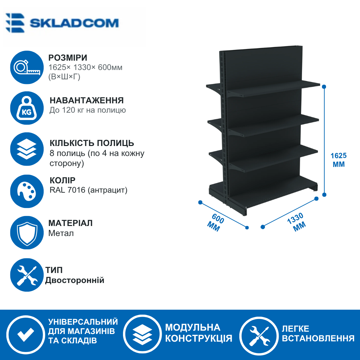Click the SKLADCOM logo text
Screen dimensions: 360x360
pyautogui.click(x=74, y=23)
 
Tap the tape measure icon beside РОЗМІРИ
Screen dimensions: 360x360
pyautogui.click(x=27, y=67)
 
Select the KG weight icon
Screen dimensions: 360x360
pyautogui.click(x=27, y=108)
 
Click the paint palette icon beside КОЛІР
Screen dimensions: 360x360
pyautogui.click(x=27, y=191)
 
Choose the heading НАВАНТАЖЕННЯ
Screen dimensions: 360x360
pyautogui.click(x=87, y=100)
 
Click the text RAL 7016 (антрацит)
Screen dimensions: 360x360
pyautogui.click(x=88, y=190)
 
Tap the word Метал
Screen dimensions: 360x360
pyautogui.click(x=61, y=233)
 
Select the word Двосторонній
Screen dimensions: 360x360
pyautogui.click(x=75, y=280)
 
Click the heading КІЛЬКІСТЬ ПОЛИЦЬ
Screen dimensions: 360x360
pyautogui.click(x=92, y=143)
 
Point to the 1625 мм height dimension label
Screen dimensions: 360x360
pyautogui.click(x=339, y=160)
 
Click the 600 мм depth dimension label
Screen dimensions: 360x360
pyautogui.click(x=215, y=222)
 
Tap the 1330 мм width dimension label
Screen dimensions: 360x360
pyautogui.click(x=296, y=222)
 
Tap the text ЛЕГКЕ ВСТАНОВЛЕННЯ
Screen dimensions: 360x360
pyautogui.click(x=318, y=333)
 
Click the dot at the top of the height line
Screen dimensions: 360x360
pyautogui.click(x=324, y=87)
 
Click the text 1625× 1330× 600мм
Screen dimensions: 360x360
pyautogui.click(x=85, y=67)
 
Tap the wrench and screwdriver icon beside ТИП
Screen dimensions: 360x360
pyautogui.click(x=27, y=275)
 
